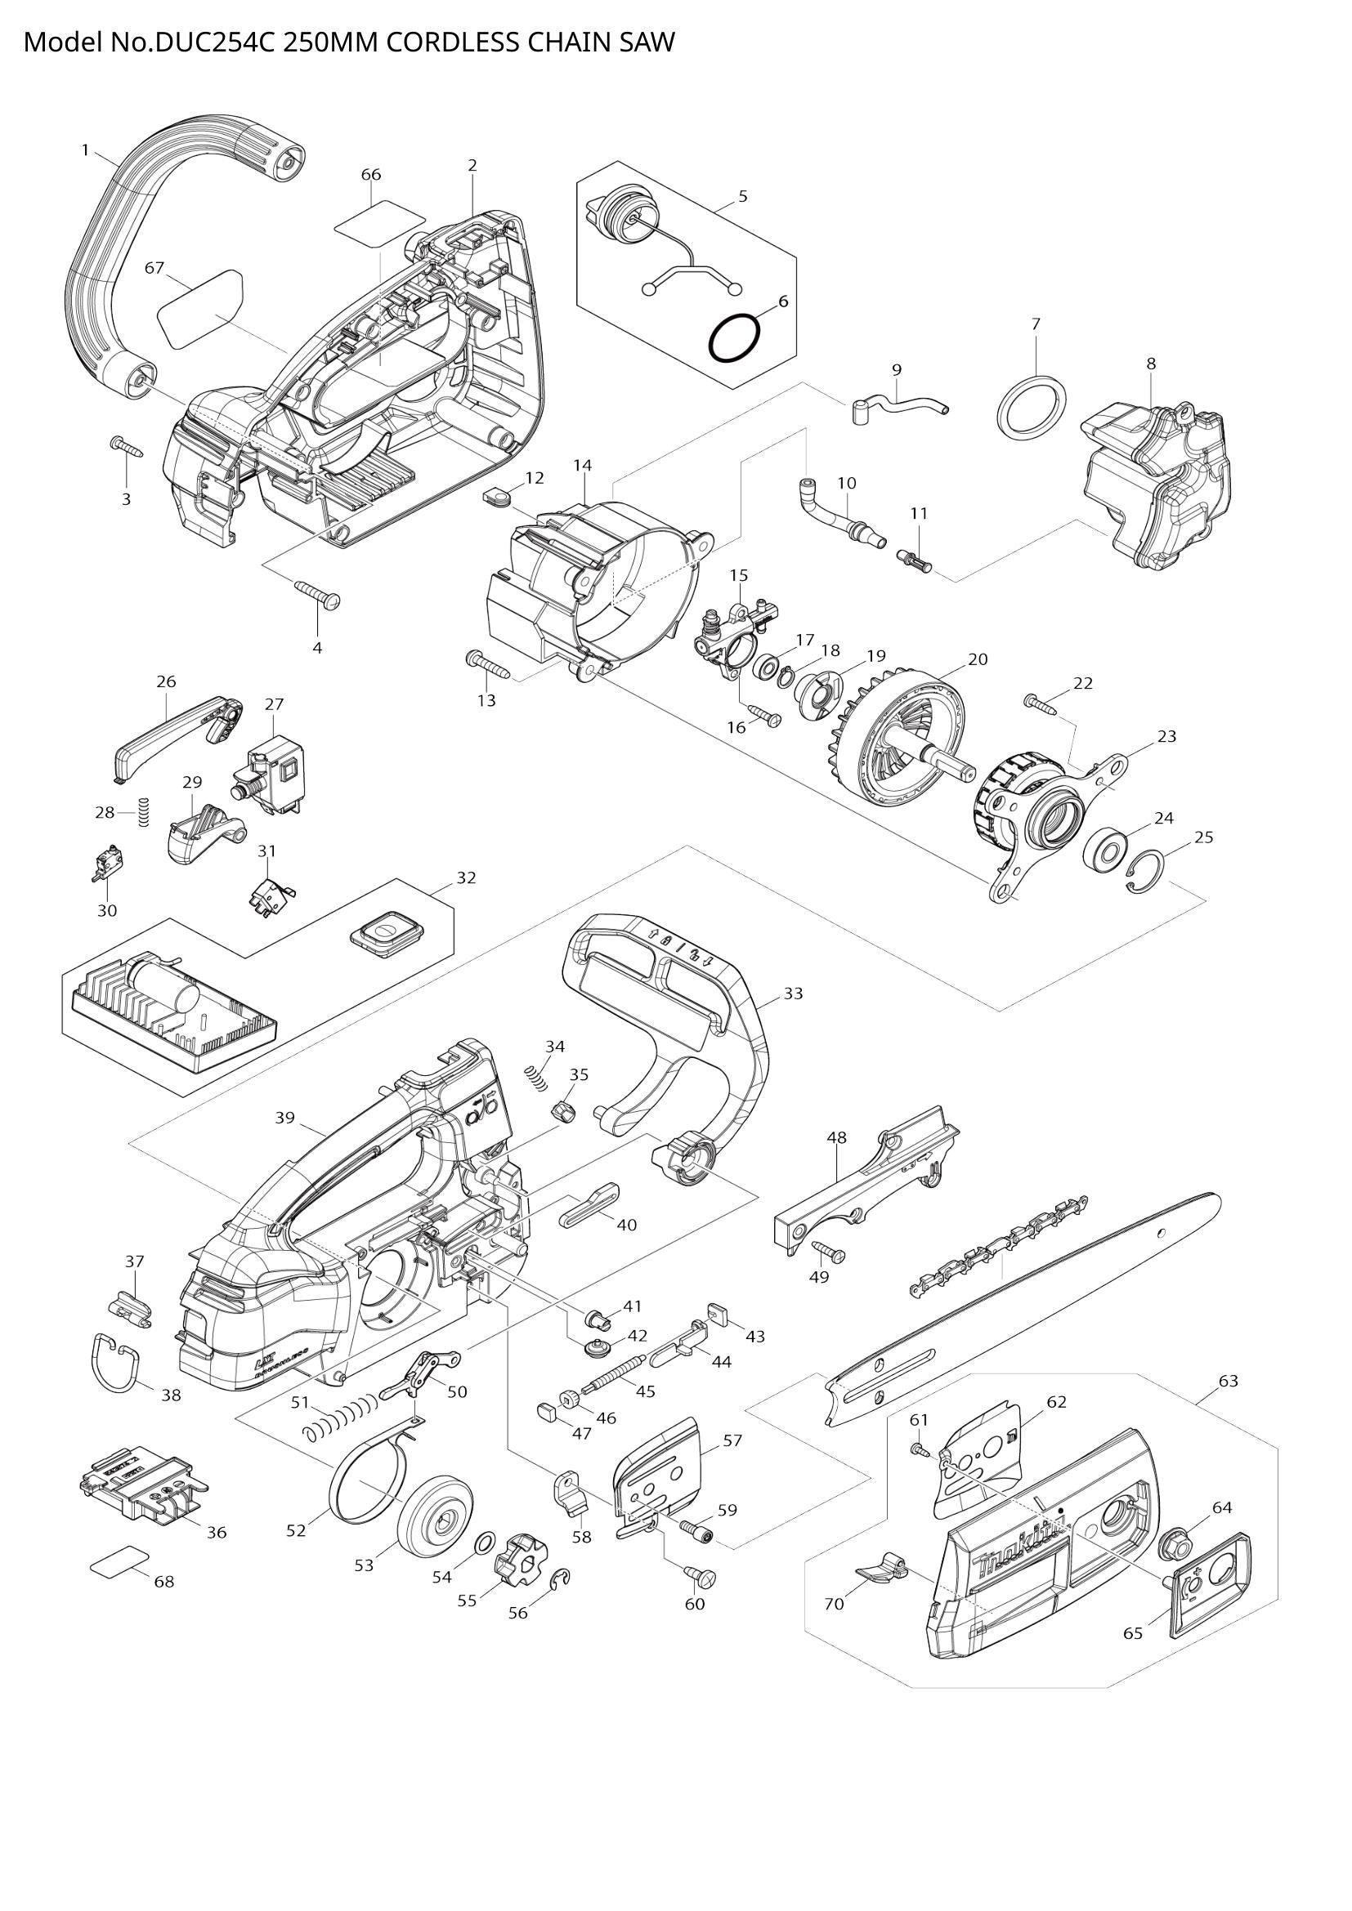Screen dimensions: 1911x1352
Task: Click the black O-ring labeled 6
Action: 733,340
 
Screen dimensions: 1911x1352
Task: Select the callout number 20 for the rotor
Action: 978,659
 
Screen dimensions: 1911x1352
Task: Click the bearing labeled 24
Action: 1106,851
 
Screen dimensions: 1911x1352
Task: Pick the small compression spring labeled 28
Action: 143,811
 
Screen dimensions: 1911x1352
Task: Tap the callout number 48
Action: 837,1137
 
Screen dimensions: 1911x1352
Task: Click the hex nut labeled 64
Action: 1175,1545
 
